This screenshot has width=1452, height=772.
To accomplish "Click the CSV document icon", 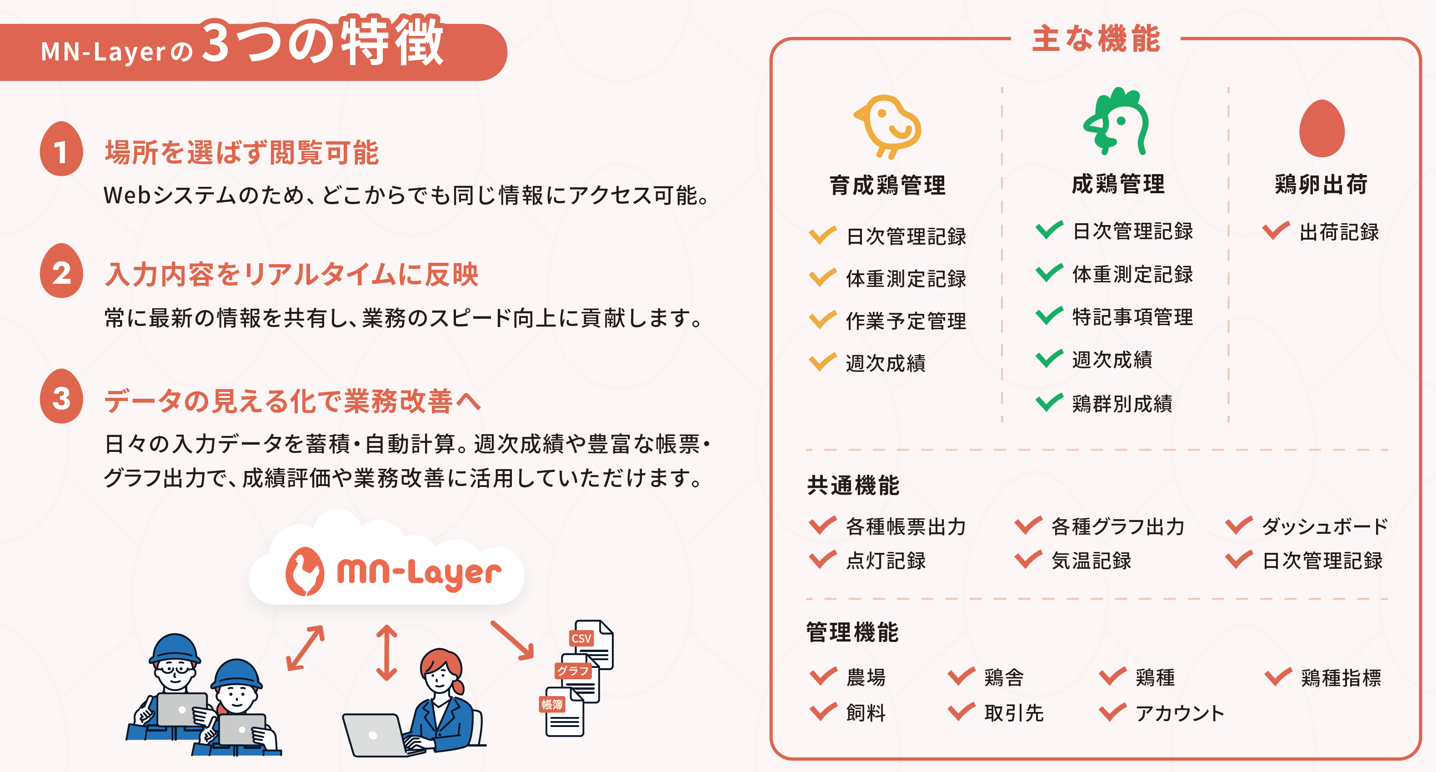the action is click(x=592, y=643).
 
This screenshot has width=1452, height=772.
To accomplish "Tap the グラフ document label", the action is click(x=573, y=671).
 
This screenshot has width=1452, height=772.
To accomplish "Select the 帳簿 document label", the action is click(x=552, y=704).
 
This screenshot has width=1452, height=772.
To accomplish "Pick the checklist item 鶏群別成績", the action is click(x=1122, y=404).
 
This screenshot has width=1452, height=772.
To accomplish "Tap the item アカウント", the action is click(x=1180, y=713).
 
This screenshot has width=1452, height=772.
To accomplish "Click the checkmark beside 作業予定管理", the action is click(x=822, y=320).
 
